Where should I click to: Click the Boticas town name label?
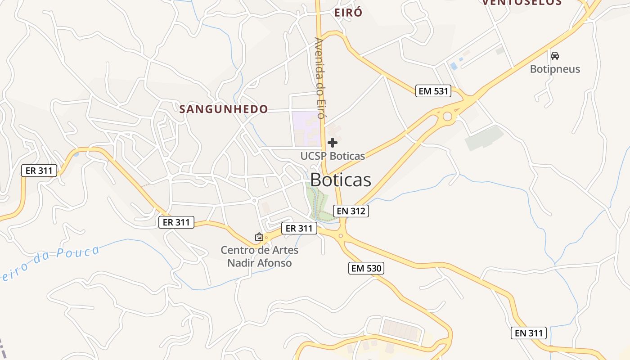tap(341, 180)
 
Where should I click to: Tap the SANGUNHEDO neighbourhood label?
tap(224, 109)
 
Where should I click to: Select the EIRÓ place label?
tap(348, 13)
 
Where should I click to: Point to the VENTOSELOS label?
tap(522, 2)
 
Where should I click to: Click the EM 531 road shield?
tap(433, 91)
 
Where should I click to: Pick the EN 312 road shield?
tap(351, 211)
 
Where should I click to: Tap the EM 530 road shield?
tap(366, 269)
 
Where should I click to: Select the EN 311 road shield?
tap(529, 333)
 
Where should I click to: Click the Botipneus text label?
tap(555, 69)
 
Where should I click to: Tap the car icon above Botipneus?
tap(555, 56)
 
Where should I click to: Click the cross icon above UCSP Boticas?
tap(333, 143)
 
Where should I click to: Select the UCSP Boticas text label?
tap(333, 156)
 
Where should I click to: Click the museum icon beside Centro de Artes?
tap(259, 236)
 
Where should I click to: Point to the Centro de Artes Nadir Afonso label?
tap(259, 256)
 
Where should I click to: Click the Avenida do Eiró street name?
tap(320, 77)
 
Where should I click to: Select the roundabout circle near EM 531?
tap(447, 117)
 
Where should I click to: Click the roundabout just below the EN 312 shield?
tap(341, 235)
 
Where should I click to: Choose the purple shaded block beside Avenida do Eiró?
tap(306, 128)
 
